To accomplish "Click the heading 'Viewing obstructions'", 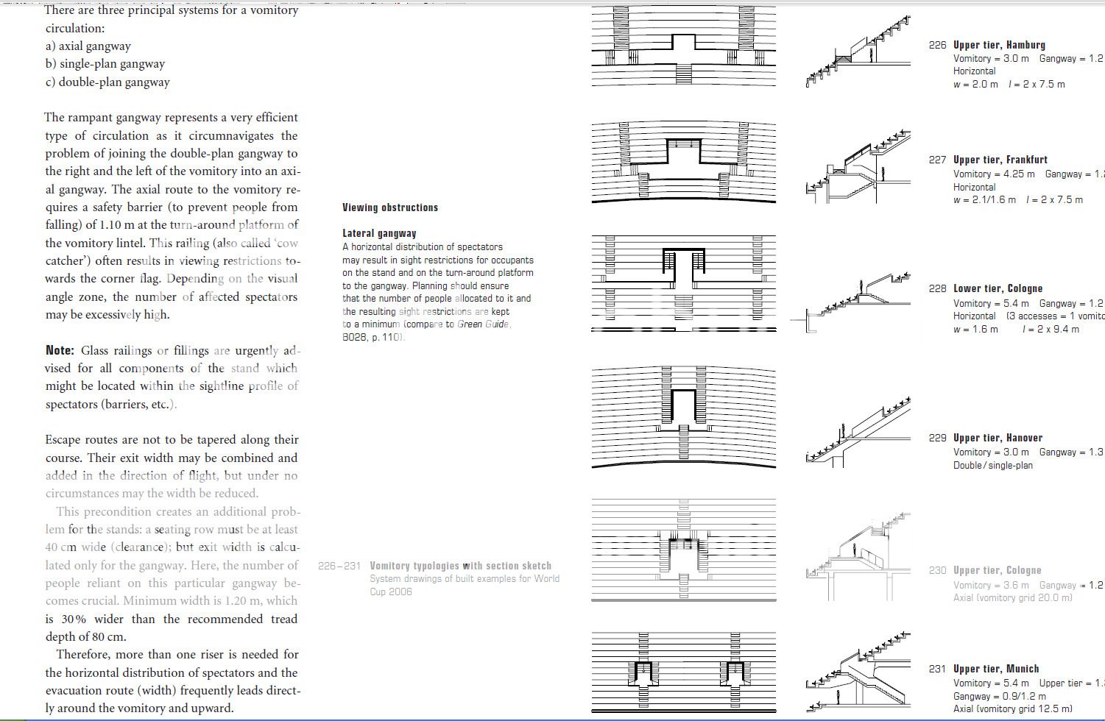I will pyautogui.click(x=389, y=207).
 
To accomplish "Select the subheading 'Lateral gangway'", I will pyautogui.click(x=379, y=233).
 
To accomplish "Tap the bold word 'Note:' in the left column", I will pyautogui.click(x=60, y=350).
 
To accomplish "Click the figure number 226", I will pyautogui.click(x=937, y=45).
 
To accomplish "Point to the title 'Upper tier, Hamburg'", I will pyautogui.click(x=999, y=45).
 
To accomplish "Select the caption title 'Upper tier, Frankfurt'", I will pyautogui.click(x=1000, y=160).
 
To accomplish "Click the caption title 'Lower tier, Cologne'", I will pyautogui.click(x=998, y=288).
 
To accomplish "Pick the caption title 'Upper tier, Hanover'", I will pyautogui.click(x=998, y=438).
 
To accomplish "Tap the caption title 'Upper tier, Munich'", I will pyautogui.click(x=996, y=669).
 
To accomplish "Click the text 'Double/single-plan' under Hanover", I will pyautogui.click(x=992, y=465).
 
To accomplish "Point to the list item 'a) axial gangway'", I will pyautogui.click(x=88, y=46).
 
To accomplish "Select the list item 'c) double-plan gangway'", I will pyautogui.click(x=107, y=82).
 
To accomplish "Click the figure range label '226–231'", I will pyautogui.click(x=339, y=566).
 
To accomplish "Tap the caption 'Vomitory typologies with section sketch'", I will pyautogui.click(x=460, y=566).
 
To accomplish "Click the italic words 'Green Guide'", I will pyautogui.click(x=483, y=324).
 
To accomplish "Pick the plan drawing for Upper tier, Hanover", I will pyautogui.click(x=683, y=416).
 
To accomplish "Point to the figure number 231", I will pyautogui.click(x=937, y=669).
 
